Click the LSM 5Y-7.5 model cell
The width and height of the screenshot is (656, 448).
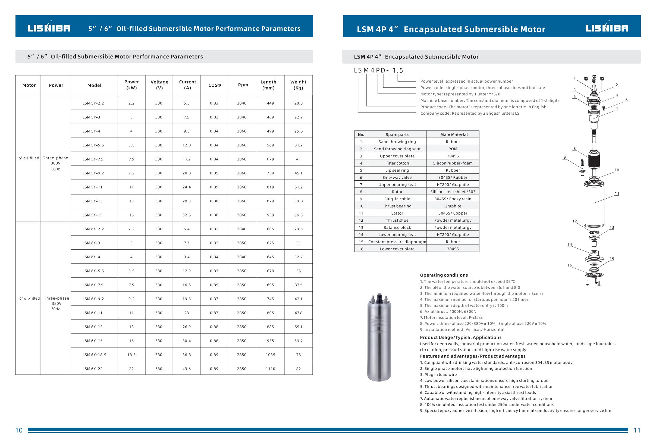93,159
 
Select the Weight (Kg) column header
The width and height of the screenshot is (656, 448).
298,85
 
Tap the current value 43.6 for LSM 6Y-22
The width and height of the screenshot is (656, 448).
187,369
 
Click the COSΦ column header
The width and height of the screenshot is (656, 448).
215,85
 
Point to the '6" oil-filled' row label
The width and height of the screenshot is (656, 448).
30,298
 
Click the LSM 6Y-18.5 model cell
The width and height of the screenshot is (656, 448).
94,355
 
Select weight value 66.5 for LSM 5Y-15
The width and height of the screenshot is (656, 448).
298,215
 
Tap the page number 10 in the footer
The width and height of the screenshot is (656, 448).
19,430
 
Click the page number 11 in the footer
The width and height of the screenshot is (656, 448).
637,430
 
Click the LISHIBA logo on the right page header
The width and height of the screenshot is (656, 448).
607,28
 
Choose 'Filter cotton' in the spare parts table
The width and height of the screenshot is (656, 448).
397,163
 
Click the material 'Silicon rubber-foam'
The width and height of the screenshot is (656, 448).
453,163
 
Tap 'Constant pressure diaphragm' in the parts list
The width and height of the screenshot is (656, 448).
397,242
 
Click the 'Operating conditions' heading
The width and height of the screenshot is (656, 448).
444,275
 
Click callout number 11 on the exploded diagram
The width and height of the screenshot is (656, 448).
617,194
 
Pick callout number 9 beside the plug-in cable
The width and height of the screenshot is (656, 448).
564,158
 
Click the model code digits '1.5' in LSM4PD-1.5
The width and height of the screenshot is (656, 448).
398,71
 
